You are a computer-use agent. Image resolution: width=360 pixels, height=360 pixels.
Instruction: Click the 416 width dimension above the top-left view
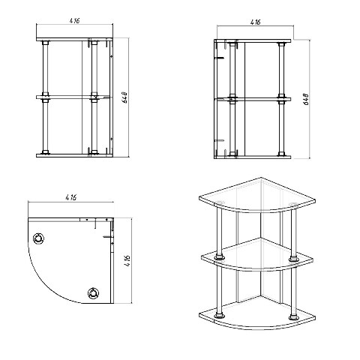click(x=74, y=20)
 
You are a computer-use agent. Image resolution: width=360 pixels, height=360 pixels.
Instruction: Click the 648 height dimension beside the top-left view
click(x=125, y=97)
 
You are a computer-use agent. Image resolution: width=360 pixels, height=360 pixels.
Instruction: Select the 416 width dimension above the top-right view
click(x=255, y=22)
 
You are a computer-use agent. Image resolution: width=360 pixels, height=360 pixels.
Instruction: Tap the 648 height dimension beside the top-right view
click(x=307, y=99)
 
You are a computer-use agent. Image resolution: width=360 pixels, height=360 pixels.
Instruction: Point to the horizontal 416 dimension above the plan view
click(x=71, y=197)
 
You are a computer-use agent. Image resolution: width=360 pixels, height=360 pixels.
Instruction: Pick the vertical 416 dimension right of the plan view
click(x=127, y=261)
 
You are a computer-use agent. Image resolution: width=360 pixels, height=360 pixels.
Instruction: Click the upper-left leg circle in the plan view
click(x=38, y=238)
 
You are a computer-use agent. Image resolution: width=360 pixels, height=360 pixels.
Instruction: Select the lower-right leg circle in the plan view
click(x=93, y=293)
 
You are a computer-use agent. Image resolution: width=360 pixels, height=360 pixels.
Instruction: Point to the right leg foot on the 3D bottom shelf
click(x=293, y=317)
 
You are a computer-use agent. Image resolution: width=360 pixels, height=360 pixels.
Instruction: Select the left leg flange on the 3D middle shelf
click(x=219, y=256)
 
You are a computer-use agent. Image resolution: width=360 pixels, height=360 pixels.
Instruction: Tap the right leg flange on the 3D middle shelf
click(x=293, y=259)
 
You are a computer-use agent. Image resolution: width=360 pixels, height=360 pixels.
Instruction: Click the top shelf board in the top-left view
click(x=74, y=40)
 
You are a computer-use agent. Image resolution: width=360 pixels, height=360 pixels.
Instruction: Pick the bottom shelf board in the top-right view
click(x=253, y=157)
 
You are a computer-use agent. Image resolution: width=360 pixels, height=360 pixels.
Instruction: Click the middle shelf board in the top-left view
click(x=73, y=97)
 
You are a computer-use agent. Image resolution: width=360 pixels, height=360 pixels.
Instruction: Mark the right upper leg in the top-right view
click(x=281, y=70)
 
